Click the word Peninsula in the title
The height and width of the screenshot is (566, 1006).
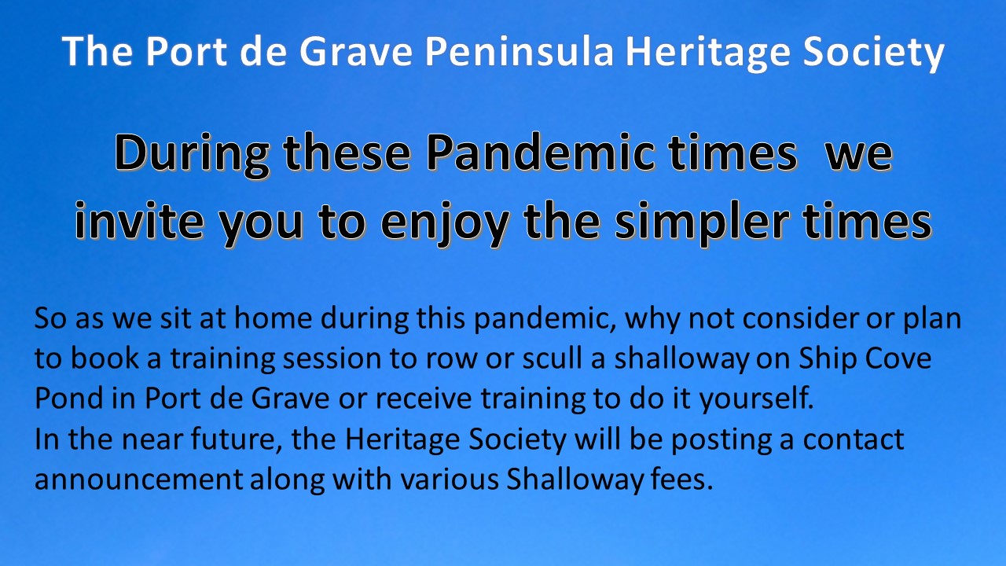click(x=520, y=51)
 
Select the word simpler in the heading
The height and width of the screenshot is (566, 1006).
click(x=702, y=222)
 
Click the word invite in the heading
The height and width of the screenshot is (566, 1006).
click(x=139, y=220)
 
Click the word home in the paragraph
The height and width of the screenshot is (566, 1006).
click(x=273, y=318)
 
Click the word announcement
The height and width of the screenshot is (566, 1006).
click(x=138, y=480)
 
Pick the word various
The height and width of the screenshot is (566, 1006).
click(x=450, y=480)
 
